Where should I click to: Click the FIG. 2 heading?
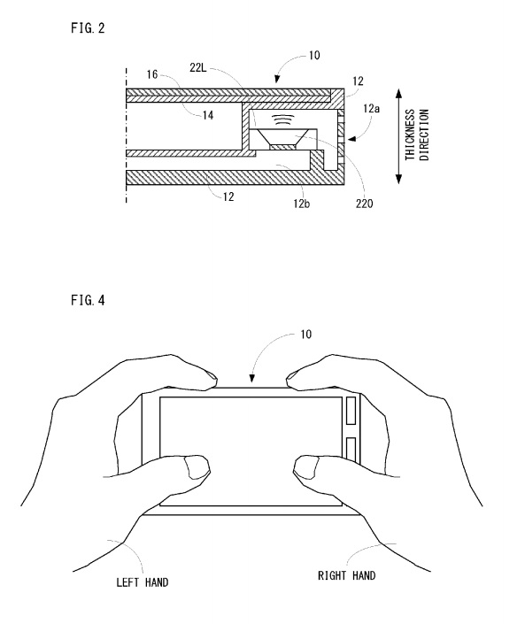click(x=88, y=27)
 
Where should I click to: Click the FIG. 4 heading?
click(x=88, y=300)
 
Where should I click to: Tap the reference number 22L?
click(x=197, y=67)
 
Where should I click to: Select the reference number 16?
click(x=152, y=74)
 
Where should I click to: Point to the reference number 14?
click(x=208, y=115)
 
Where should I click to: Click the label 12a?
click(x=371, y=108)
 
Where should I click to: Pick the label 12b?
click(x=301, y=204)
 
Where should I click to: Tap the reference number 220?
click(x=364, y=204)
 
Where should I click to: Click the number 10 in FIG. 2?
click(x=314, y=55)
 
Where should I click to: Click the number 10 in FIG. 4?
click(x=305, y=335)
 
